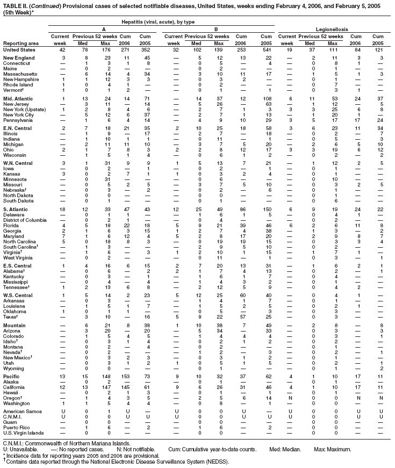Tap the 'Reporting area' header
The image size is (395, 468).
[20, 43]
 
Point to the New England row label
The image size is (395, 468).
[19, 57]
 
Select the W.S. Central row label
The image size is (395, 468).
[18, 295]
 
